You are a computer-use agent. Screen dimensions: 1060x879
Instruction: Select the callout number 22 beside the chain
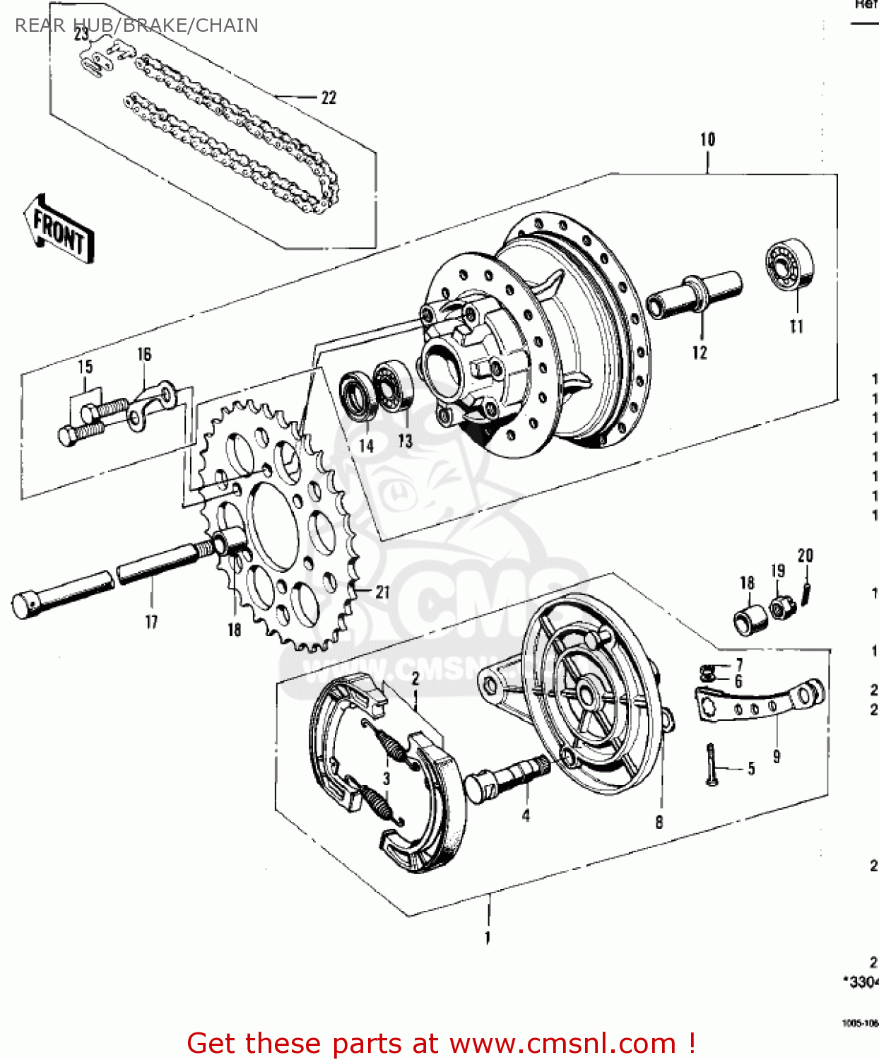tap(329, 98)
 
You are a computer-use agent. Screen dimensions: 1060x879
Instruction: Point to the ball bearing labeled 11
tap(790, 264)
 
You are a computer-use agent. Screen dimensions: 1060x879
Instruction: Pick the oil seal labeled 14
tap(360, 397)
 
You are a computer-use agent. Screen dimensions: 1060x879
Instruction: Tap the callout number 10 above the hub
tap(707, 139)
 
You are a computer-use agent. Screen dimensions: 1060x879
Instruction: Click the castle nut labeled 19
tap(779, 606)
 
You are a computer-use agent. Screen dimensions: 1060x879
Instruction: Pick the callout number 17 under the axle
tap(151, 622)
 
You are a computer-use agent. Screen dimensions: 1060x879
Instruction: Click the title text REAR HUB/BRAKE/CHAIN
tap(136, 25)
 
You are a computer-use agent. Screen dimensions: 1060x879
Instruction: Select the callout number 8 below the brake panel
tap(659, 822)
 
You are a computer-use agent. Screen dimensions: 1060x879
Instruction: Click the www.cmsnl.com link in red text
tap(562, 1043)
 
